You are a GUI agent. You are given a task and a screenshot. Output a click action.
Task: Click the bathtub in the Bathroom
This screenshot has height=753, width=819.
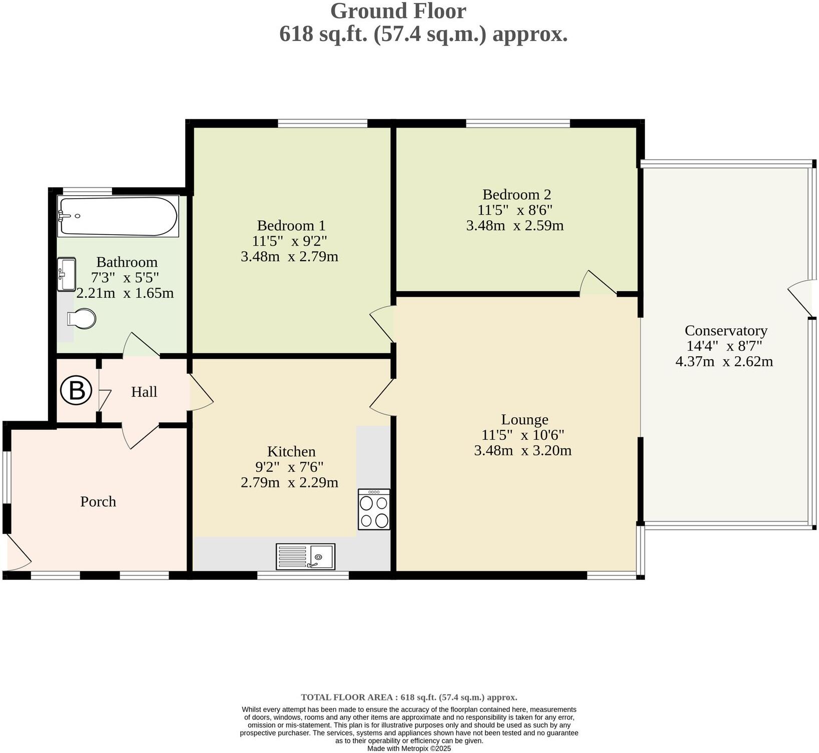click(118, 216)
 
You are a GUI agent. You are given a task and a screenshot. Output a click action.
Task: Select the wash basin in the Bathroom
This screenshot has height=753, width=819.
click(66, 274)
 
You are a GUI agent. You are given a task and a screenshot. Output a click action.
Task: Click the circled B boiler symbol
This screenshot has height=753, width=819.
click(77, 391)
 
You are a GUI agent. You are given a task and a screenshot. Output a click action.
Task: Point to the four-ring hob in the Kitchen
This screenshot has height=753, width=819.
click(374, 509)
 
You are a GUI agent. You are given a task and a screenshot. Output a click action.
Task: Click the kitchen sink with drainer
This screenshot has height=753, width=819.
click(305, 556)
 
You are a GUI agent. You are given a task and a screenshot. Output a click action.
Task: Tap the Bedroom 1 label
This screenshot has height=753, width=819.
click(291, 225)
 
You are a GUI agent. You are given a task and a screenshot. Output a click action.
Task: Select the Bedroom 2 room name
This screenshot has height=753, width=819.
click(517, 194)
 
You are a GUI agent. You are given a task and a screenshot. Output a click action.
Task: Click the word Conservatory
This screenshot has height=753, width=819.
click(725, 330)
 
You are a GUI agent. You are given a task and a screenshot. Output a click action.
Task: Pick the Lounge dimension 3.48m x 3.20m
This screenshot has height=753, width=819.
click(522, 450)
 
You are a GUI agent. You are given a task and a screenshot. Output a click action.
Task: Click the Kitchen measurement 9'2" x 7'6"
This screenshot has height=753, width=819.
click(289, 467)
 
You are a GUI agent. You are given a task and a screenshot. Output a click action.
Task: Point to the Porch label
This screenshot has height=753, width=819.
click(98, 501)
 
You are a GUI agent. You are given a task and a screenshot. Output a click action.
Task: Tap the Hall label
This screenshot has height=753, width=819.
click(144, 392)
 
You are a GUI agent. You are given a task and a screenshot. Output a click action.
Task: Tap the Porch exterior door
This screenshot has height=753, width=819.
click(18, 553)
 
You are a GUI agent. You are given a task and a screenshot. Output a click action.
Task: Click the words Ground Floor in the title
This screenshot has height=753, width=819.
click(398, 11)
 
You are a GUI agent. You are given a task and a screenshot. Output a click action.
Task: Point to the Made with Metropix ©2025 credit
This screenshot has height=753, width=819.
click(409, 748)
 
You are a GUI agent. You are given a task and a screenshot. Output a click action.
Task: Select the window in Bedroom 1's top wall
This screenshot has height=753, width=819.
click(323, 123)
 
